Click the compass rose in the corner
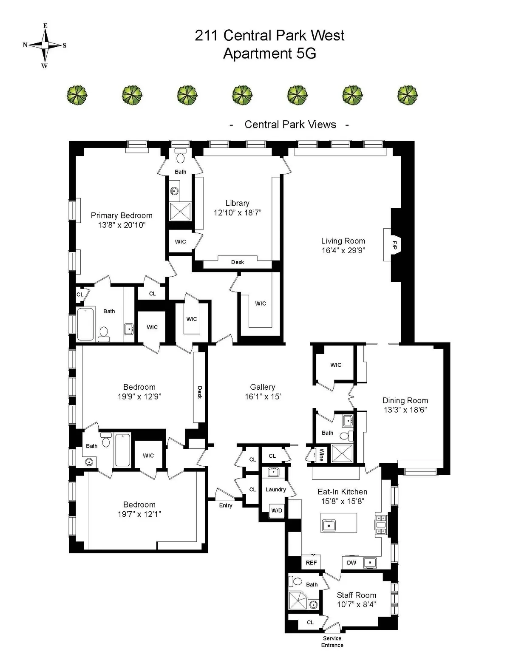coord(45,45)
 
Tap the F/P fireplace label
coord(394,245)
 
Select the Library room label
coord(237,203)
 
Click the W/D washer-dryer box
coord(277,510)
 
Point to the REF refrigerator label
coord(311,562)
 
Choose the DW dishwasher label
coord(351,562)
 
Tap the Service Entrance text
coord(332,641)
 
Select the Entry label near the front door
coord(226,505)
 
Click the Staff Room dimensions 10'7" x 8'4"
coord(356,604)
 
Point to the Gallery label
coord(262,387)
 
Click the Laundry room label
coord(275,489)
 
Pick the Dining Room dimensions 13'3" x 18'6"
coord(405,410)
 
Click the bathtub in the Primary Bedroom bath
coord(85,324)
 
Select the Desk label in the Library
coord(238,262)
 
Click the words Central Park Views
coord(290,125)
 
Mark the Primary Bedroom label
coord(122,215)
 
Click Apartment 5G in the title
coord(269,54)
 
